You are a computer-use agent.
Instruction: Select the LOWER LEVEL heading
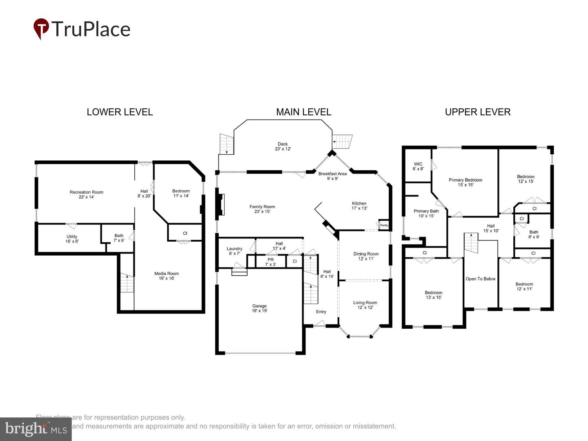click(x=120, y=112)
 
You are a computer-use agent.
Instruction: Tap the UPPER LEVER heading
click(x=477, y=112)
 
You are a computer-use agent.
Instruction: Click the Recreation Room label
click(x=86, y=194)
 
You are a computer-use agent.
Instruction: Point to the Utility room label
click(x=72, y=239)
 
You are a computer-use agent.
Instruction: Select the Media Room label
click(x=167, y=276)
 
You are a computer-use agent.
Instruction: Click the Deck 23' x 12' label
click(x=283, y=146)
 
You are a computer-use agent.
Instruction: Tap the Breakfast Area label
click(x=332, y=176)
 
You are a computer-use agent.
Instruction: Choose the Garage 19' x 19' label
click(x=259, y=308)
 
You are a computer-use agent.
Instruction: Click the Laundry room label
click(x=234, y=251)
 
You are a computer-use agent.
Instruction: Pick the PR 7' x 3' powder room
click(x=270, y=262)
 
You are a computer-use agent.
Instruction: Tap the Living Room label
click(x=365, y=305)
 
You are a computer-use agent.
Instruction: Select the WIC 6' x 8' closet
click(x=418, y=166)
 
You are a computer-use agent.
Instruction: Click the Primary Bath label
click(x=426, y=213)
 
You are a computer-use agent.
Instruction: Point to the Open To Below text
click(x=480, y=279)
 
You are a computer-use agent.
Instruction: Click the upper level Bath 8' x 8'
click(x=534, y=234)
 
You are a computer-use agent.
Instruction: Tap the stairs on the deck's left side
click(x=226, y=144)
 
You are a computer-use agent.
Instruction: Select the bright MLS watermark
click(x=36, y=429)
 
